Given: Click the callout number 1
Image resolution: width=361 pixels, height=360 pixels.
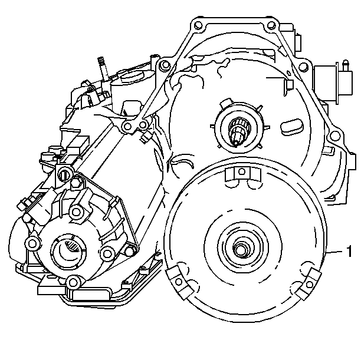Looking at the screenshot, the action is pyautogui.click(x=349, y=252).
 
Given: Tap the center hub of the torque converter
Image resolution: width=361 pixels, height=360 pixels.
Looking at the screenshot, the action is pyautogui.click(x=241, y=249).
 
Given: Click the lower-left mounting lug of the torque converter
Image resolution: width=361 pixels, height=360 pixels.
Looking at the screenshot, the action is pyautogui.click(x=180, y=282).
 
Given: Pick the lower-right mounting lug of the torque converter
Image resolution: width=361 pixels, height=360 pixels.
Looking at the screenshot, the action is pyautogui.click(x=309, y=283).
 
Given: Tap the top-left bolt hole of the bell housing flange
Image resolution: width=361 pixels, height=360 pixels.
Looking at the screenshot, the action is pyautogui.click(x=198, y=25).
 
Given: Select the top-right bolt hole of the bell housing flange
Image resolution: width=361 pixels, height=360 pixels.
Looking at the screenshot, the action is pyautogui.click(x=271, y=25).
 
